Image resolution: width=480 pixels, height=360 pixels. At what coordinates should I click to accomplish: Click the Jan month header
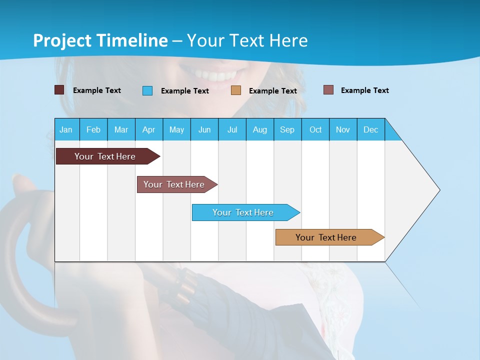(66, 129)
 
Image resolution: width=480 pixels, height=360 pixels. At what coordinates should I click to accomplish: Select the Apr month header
(149, 129)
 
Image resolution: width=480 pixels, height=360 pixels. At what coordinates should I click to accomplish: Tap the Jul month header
(232, 129)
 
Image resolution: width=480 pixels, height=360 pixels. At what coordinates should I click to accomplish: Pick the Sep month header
(287, 129)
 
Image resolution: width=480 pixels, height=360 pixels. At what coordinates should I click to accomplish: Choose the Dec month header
(370, 129)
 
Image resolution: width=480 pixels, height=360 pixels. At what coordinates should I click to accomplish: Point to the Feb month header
(93, 129)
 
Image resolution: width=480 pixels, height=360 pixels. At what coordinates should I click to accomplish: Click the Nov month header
(343, 129)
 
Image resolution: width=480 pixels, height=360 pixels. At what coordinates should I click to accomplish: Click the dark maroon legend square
(59, 90)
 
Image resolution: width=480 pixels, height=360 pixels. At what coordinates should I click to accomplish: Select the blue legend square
(147, 90)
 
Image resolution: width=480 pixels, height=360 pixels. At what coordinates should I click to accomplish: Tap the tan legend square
(236, 90)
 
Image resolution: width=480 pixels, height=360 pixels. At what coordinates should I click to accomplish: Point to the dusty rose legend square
(328, 90)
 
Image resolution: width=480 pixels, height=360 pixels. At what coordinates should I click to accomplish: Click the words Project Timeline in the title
(100, 40)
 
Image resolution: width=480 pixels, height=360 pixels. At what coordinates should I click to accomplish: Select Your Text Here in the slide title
(247, 40)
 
